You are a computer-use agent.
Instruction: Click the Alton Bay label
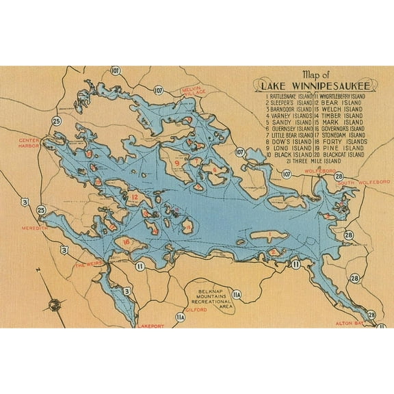347,322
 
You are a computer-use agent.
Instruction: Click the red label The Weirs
88,265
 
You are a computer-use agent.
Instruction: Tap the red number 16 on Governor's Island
126,241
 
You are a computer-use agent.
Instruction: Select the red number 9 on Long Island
176,163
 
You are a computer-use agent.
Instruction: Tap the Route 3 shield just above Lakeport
127,292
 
